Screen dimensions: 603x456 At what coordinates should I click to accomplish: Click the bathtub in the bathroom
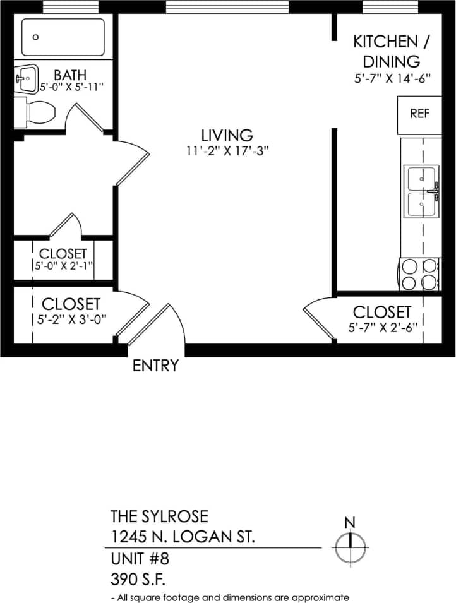pos(63,37)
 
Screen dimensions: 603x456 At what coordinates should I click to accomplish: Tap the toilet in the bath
pos(39,113)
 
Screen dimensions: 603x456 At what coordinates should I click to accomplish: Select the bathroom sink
pos(26,79)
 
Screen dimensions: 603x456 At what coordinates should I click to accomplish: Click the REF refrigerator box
pos(419,114)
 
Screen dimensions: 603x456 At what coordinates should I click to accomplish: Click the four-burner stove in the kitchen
pos(420,274)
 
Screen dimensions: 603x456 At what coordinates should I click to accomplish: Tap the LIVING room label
pos(227,135)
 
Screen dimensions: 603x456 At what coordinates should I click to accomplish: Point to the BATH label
pos(70,76)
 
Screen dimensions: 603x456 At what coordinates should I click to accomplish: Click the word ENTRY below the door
pos(155,366)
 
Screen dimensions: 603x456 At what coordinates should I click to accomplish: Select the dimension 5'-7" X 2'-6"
pos(382,328)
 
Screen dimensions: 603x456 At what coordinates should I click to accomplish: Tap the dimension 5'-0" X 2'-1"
pos(63,266)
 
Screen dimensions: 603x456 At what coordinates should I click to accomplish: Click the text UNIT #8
pos(140,559)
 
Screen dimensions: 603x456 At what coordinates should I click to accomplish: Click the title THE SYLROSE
pos(159,516)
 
